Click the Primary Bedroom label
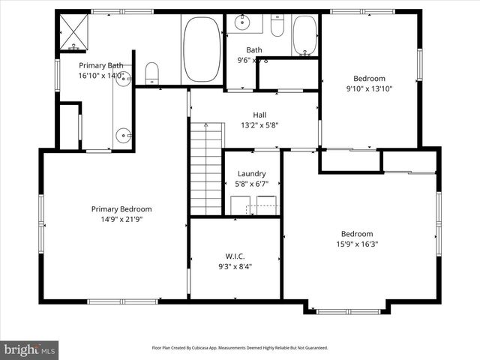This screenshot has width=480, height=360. pyautogui.click(x=121, y=209)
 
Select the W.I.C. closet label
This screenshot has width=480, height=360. pyautogui.click(x=235, y=256)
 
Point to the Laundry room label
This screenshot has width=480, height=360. pyautogui.click(x=252, y=173)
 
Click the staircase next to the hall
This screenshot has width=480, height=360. pyautogui.click(x=206, y=169)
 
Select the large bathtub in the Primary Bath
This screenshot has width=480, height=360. pyautogui.click(x=202, y=49)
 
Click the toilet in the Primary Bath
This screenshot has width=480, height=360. pyautogui.click(x=152, y=73)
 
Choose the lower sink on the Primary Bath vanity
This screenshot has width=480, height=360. pyautogui.click(x=124, y=136)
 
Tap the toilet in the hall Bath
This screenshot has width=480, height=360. pyautogui.click(x=277, y=27)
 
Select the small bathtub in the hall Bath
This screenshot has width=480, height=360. pyautogui.click(x=304, y=34)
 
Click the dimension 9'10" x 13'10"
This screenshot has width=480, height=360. pyautogui.click(x=369, y=88)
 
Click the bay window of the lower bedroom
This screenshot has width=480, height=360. pyautogui.click(x=348, y=310)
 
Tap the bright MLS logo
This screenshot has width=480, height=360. pyautogui.click(x=30, y=349)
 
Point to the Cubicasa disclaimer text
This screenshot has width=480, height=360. pyautogui.click(x=240, y=348)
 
